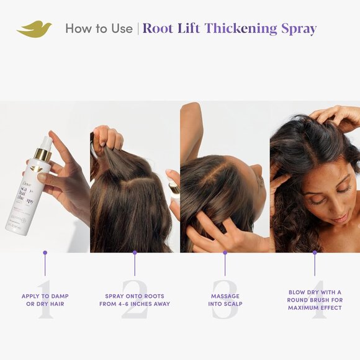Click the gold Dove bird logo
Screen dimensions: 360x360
pos(34,29)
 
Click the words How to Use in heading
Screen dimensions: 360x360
pos(99,29)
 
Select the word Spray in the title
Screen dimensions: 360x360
pos(298,29)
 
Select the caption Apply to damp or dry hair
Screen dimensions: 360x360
pos(45,300)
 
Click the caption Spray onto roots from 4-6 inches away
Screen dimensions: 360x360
pos(135,300)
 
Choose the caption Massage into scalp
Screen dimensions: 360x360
pos(225,300)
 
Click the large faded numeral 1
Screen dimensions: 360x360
pos(45,302)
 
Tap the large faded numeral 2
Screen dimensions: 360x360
pos(135,302)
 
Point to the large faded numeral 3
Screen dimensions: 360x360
pos(225,302)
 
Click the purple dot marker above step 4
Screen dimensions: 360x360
pos(315,253)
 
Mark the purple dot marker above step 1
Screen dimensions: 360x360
pos(45,253)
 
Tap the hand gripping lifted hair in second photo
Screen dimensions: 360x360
pos(107,139)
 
